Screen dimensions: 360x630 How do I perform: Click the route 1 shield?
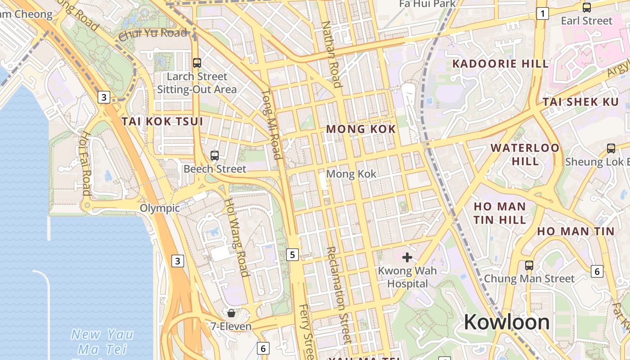(543, 14)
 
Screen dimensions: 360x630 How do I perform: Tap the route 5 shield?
(292, 255)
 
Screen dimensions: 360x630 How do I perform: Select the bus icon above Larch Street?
(197, 63)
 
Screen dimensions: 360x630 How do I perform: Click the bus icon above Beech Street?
(215, 156)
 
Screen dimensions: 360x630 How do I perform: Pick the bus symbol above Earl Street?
(587, 7)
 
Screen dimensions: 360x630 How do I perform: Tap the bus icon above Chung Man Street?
(529, 265)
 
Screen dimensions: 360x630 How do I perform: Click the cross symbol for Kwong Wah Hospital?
(407, 257)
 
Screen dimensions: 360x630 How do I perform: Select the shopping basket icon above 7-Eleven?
(231, 313)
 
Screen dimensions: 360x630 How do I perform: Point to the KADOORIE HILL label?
(500, 63)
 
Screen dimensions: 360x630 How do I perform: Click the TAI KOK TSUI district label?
(162, 121)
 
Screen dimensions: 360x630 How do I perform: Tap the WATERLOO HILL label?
(525, 154)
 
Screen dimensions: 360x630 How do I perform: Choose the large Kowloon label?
(507, 322)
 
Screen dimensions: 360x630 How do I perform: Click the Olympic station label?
(160, 208)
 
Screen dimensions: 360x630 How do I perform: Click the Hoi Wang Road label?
(237, 238)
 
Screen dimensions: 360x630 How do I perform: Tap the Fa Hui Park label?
(427, 4)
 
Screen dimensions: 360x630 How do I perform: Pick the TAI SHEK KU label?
(580, 102)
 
